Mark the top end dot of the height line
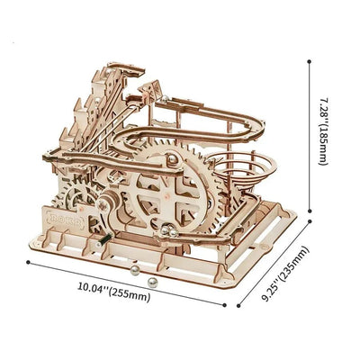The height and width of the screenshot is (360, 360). [x=310, y=60]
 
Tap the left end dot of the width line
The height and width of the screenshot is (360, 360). [x=28, y=264]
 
